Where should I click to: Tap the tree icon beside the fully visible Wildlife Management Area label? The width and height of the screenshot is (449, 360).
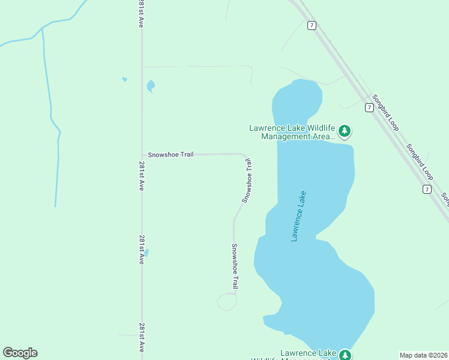[x=345, y=130]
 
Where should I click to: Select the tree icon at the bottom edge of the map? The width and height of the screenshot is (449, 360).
[x=345, y=355]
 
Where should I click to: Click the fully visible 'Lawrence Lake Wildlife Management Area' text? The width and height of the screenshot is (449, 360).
[x=291, y=132]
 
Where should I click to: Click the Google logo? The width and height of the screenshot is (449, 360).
[x=20, y=353]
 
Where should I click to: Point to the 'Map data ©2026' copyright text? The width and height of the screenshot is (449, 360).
[x=423, y=355]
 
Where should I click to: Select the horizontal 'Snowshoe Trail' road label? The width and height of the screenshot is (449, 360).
[x=171, y=154]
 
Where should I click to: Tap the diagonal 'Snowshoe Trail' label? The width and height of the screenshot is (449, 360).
[x=247, y=180]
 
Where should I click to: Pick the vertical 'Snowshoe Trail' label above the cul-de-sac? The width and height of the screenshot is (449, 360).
[x=235, y=267]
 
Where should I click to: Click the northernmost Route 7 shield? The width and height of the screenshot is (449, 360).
[x=311, y=25]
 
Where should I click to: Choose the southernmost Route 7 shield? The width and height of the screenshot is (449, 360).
[x=427, y=189]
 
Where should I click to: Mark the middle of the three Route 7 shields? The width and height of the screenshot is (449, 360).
[x=369, y=107]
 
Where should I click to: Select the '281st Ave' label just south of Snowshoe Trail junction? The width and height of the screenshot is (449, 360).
[x=142, y=176]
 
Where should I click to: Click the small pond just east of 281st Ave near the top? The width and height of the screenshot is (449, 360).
[x=150, y=86]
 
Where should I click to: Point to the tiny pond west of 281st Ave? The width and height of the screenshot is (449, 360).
[x=124, y=79]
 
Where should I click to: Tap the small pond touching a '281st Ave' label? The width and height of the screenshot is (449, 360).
[x=146, y=253]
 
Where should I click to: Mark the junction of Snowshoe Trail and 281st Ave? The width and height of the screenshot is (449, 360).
[x=142, y=154]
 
